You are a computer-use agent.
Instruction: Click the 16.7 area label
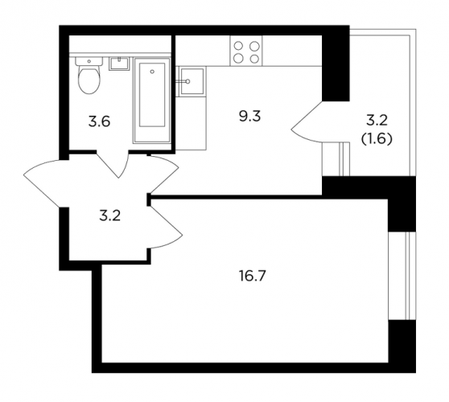253,277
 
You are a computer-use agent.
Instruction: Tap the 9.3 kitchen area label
249,117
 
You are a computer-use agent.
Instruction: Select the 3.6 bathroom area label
99,122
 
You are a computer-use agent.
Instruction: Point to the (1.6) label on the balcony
377,139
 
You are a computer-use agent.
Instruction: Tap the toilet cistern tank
89,61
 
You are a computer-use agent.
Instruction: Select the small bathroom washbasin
119,64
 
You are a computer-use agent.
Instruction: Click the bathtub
152,100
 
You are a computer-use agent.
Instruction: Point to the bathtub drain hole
152,72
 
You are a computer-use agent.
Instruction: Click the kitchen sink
192,81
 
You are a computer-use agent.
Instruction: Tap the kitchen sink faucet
183,81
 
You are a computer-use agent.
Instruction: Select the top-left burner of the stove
238,46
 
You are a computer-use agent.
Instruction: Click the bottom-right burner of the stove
254,59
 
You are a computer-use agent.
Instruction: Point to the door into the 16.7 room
166,226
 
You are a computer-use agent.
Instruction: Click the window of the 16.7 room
402,276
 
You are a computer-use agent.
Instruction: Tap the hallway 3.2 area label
110,216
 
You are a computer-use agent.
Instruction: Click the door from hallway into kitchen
163,174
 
